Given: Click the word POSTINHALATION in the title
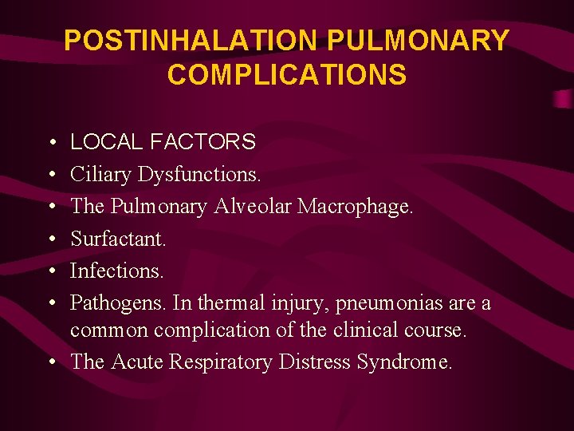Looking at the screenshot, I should tap(192, 41).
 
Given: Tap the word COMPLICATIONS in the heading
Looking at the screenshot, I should tap(287, 75).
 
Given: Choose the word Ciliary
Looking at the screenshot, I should tap(100, 174).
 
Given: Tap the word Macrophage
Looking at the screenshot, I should tap(356, 207).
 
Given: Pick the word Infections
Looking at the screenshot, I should tap(116, 271).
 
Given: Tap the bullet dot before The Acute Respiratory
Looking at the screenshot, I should tap(51, 362).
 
